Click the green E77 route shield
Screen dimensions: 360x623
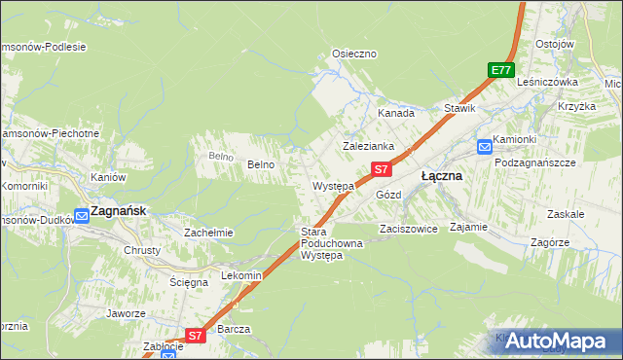coord(500,70)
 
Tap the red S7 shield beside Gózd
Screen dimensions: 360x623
coord(382,169)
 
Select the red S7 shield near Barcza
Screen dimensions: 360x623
coord(195,336)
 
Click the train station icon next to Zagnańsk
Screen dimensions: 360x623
coord(83,215)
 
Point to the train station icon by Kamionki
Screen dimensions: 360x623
coord(484,147)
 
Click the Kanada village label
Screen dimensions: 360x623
coord(396,113)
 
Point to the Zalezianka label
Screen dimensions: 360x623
coord(367,146)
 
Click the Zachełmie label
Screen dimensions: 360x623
coord(208,233)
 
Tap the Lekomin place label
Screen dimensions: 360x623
coord(242,275)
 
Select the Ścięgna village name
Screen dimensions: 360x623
coord(189,282)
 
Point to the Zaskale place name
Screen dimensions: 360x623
coord(566,213)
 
